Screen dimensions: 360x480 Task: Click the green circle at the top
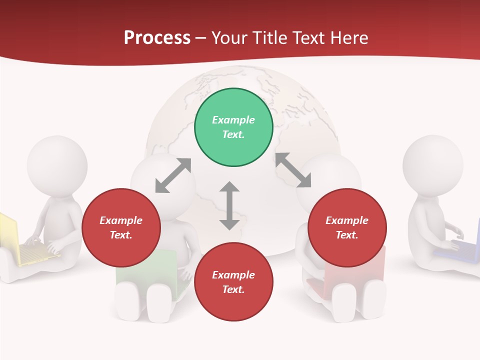(x=233, y=127)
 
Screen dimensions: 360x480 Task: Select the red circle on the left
(x=121, y=228)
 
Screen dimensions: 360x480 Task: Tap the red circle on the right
(x=347, y=228)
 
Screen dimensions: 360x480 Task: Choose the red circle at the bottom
(x=233, y=282)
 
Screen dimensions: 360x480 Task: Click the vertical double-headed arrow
(x=229, y=205)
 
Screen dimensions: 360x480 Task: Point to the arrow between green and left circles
(x=173, y=175)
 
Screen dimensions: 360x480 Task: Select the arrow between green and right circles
(x=293, y=170)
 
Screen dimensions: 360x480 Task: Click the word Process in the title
(x=157, y=38)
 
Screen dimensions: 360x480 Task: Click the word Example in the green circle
(x=233, y=120)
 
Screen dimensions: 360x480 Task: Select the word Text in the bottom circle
(x=233, y=289)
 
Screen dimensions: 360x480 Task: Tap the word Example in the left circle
(x=121, y=220)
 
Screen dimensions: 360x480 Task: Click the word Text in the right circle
(x=347, y=235)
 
